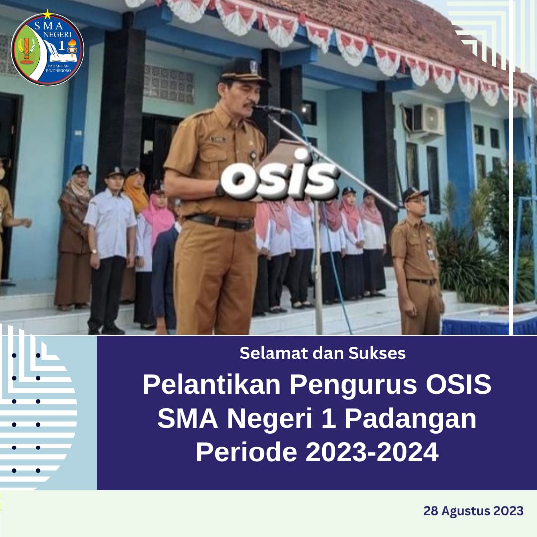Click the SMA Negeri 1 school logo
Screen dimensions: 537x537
[x=47, y=49]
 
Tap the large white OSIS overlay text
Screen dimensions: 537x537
[x=279, y=178]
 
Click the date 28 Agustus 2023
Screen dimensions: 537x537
[x=473, y=511]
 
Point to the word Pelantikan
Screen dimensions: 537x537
[x=212, y=384]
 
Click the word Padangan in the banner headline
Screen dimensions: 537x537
[x=410, y=418]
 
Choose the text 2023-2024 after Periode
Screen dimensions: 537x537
[x=372, y=452]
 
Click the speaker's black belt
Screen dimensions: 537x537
[x=220, y=222]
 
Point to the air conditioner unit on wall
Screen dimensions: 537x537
[x=428, y=119]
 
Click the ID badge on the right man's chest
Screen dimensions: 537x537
[x=431, y=254]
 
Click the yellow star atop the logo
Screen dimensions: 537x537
[x=47, y=14]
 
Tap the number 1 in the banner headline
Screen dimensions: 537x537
[x=328, y=418]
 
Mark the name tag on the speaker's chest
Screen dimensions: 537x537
[x=218, y=139]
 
